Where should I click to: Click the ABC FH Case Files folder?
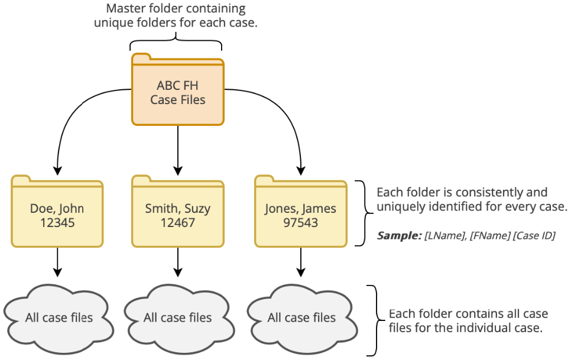[x=177, y=92]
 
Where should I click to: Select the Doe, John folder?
[x=57, y=213]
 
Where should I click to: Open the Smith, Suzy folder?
[x=177, y=213]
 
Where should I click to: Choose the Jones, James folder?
[x=301, y=213]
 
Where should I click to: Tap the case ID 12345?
[x=57, y=223]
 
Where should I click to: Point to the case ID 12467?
[x=177, y=223]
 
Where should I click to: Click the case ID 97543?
[x=301, y=223]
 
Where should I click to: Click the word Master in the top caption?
[x=124, y=9]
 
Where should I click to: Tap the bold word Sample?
[x=398, y=236]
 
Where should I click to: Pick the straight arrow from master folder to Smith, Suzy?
[x=177, y=151]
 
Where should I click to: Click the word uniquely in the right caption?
[x=400, y=207]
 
